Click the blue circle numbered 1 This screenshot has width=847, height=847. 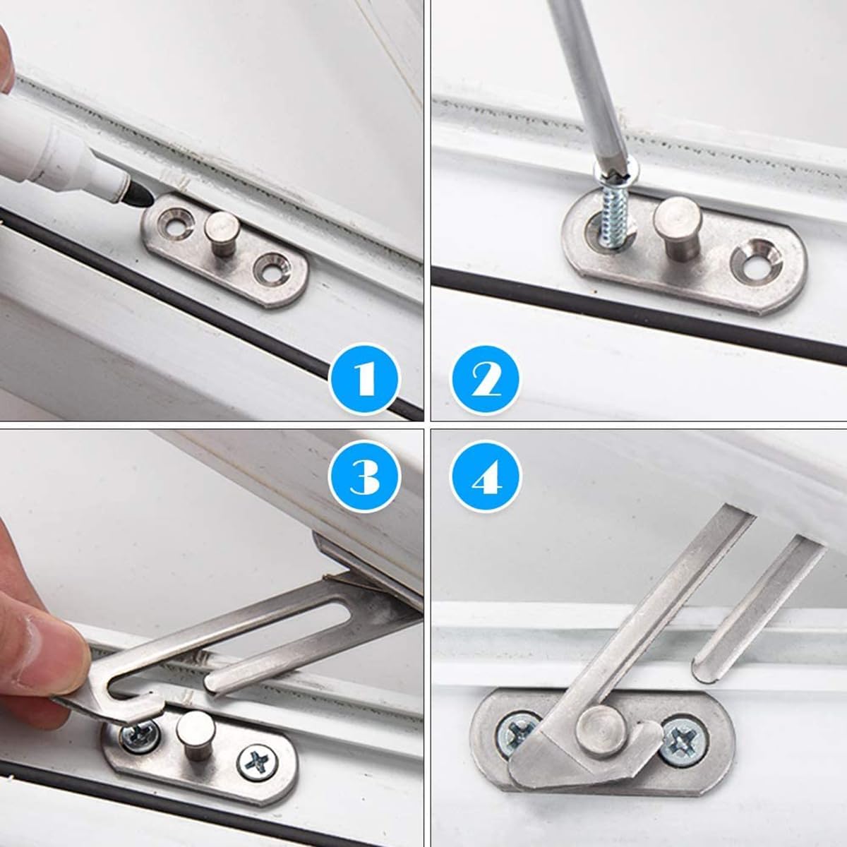365,382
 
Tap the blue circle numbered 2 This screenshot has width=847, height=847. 486,382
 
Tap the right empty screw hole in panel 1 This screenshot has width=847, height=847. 269,269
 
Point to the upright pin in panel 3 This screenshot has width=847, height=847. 190,734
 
